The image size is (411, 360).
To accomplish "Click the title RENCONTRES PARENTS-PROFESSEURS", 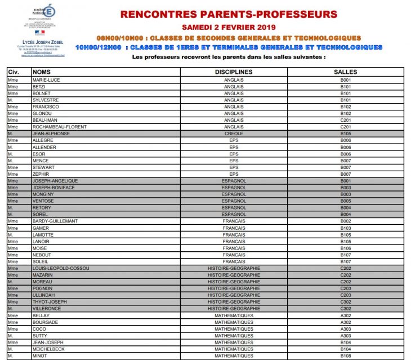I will tap(229, 14).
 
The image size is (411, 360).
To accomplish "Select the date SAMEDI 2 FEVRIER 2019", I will tap(229, 26).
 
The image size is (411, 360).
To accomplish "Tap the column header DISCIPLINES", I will tap(234, 72).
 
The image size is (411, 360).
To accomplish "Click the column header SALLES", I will tap(345, 72).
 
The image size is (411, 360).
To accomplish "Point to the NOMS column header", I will tap(42, 72).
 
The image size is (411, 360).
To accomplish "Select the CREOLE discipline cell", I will tap(234, 134).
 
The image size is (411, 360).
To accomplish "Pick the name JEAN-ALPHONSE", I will tap(51, 134).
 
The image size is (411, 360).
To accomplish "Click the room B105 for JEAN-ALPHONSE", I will tap(345, 134).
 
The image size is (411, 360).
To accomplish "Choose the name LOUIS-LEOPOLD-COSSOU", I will tap(61, 268).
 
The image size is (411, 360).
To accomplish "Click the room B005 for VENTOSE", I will tap(345, 201).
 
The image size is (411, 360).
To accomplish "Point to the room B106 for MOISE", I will tap(345, 248).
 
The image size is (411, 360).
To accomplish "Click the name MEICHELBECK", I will tap(49, 349).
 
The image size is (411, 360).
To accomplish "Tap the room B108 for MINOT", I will tap(345, 356).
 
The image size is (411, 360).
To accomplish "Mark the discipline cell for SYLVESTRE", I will tap(234, 100).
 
